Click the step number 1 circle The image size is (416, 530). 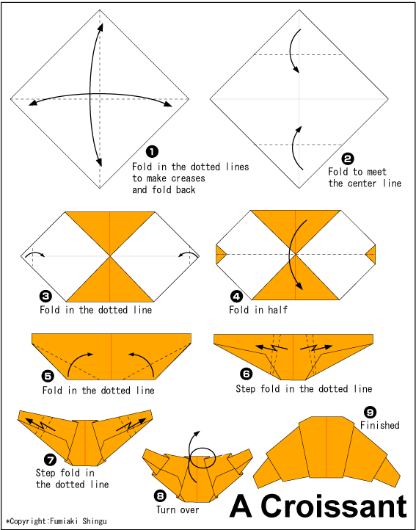(152, 151)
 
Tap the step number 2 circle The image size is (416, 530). (348, 158)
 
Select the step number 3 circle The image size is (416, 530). (46, 296)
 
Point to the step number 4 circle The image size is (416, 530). (236, 296)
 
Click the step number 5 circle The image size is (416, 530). (48, 375)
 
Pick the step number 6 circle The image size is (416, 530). (247, 374)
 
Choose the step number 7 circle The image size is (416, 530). (50, 460)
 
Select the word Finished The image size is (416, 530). (379, 425)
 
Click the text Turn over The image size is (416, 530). (178, 509)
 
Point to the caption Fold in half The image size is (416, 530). (258, 310)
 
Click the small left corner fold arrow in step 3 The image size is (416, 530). (34, 255)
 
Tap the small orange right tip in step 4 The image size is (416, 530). (370, 255)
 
